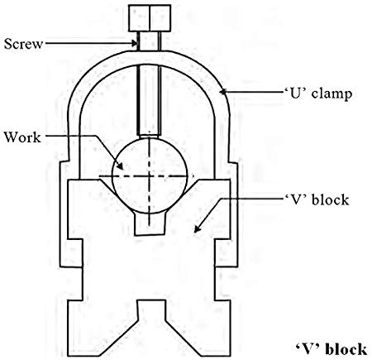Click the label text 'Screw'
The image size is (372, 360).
24,43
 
